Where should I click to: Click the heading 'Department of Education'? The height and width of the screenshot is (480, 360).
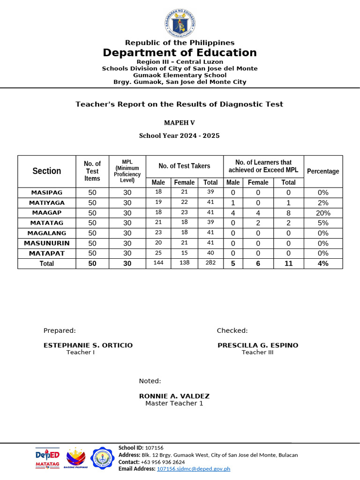pyautogui.click(x=180, y=52)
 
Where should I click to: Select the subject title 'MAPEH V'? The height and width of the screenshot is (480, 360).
pyautogui.click(x=179, y=123)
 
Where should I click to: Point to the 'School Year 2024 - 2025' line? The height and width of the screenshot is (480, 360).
pyautogui.click(x=179, y=135)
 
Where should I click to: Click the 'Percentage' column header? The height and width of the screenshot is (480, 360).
pyautogui.click(x=323, y=171)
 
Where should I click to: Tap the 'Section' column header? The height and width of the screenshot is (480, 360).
pyautogui.click(x=47, y=171)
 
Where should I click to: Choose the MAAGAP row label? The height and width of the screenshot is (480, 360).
pyautogui.click(x=47, y=213)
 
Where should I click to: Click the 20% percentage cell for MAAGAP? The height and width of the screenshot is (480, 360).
pyautogui.click(x=323, y=213)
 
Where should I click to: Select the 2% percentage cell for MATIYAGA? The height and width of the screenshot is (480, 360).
pyautogui.click(x=323, y=203)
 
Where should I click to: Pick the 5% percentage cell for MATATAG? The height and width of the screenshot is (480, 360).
pyautogui.click(x=323, y=223)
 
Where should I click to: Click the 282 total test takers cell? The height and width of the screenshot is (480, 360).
pyautogui.click(x=210, y=263)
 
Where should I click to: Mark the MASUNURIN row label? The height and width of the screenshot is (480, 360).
pyautogui.click(x=47, y=243)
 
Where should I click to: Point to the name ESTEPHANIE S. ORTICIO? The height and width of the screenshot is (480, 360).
pyautogui.click(x=88, y=345)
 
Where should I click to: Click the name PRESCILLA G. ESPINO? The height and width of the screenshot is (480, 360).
pyautogui.click(x=258, y=345)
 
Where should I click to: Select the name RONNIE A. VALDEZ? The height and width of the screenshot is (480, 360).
pyautogui.click(x=174, y=396)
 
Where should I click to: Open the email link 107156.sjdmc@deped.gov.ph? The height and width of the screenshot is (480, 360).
pyautogui.click(x=194, y=469)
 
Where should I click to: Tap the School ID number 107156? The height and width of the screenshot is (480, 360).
pyautogui.click(x=154, y=448)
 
